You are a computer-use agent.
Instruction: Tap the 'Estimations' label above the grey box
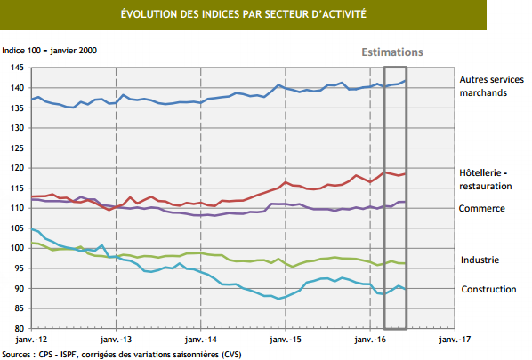[x=392, y=52]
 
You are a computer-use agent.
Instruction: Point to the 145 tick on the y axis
[x=18, y=68]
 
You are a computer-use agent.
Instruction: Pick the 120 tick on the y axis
[x=18, y=168]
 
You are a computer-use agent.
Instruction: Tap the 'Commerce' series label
[x=481, y=208]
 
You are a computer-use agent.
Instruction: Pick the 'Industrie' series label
[x=480, y=260]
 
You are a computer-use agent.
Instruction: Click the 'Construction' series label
[x=488, y=289]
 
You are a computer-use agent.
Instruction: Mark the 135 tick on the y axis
[x=18, y=108]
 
